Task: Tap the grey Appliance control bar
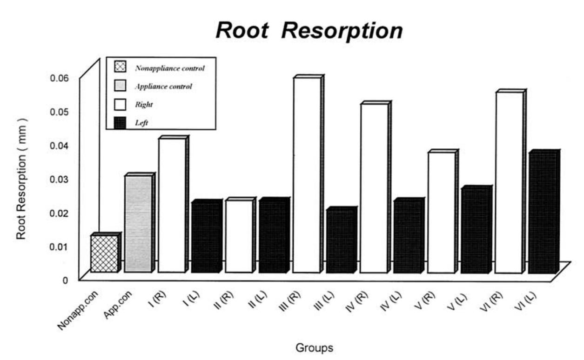[x=138, y=223]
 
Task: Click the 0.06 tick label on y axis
[x=60, y=78]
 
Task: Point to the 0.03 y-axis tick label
[x=60, y=179]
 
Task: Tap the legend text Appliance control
[x=163, y=87]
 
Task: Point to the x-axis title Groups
[x=314, y=347]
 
